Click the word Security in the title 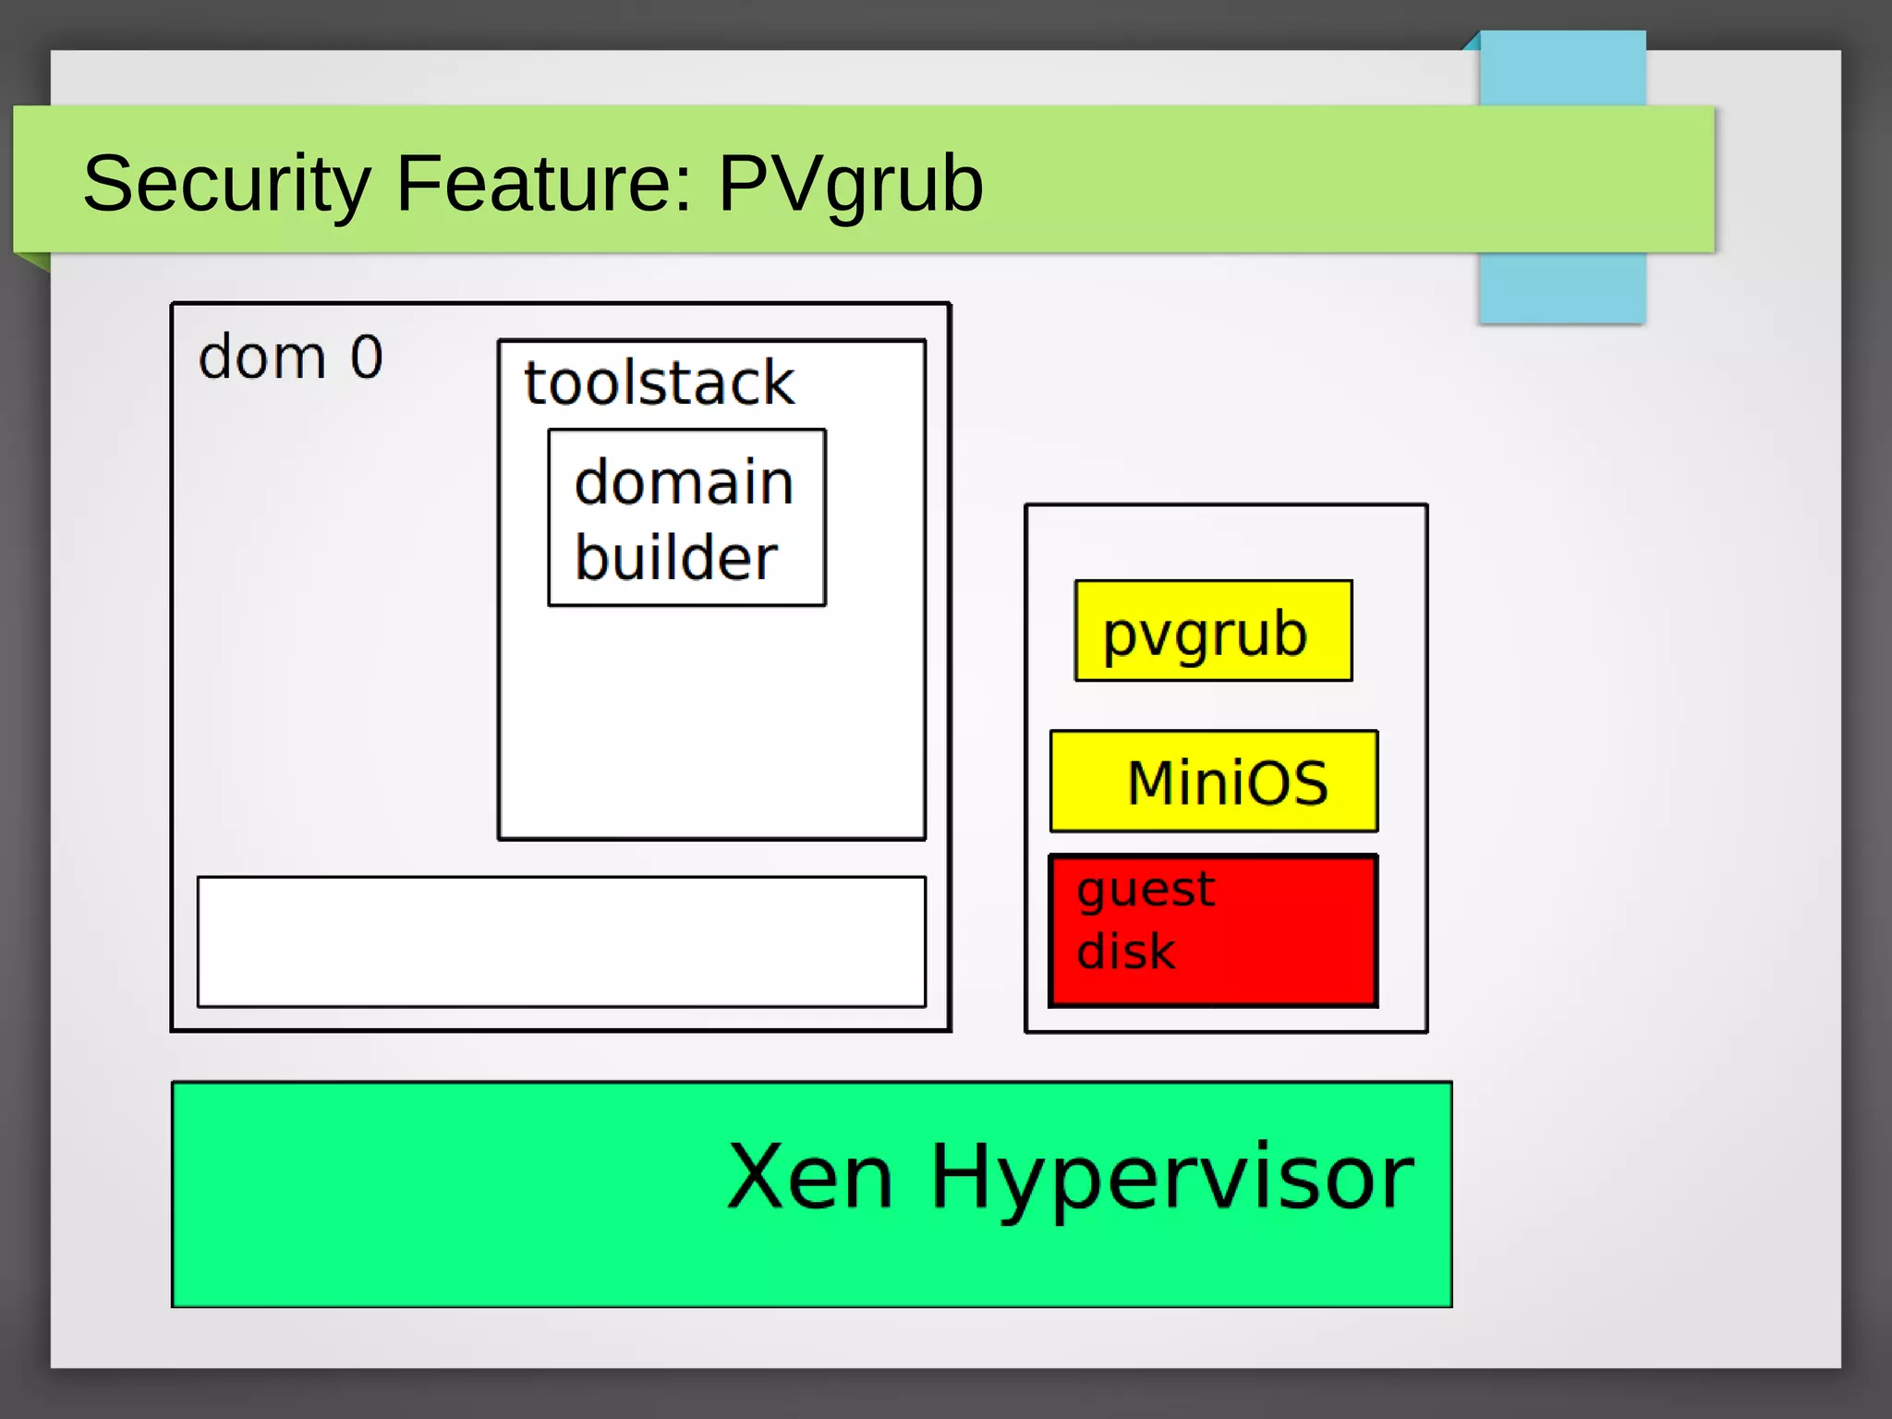pos(226,185)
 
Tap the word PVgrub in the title pos(850,185)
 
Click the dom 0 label pos(290,358)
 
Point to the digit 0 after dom pos(367,358)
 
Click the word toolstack pos(659,382)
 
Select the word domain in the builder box pos(684,482)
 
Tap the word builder pos(675,558)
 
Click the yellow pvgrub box pos(1213,632)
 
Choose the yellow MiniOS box pos(1213,782)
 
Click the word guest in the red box pos(1146,891)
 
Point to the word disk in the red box pos(1125,952)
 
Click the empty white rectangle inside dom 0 pos(561,941)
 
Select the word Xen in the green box pos(810,1176)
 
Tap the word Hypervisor pos(1171,1178)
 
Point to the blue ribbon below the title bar pos(1562,287)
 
